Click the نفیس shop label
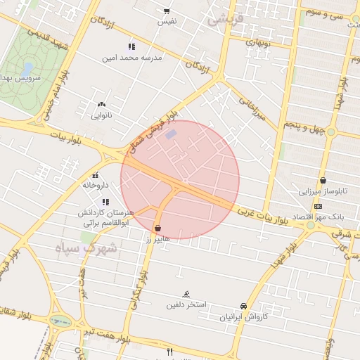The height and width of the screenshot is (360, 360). click(x=167, y=22)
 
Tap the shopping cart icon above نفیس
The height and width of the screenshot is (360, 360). click(x=167, y=11)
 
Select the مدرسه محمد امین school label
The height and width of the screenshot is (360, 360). click(x=132, y=58)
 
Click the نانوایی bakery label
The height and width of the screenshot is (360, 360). click(x=102, y=115)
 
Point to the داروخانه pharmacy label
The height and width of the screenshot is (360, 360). click(x=96, y=185)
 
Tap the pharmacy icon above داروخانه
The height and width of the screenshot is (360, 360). click(x=96, y=175)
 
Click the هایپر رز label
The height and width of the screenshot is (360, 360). click(x=157, y=239)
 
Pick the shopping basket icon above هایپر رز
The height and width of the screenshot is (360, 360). click(x=157, y=229)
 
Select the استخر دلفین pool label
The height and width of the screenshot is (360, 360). click(x=186, y=304)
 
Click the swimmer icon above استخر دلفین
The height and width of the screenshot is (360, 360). click(x=186, y=294)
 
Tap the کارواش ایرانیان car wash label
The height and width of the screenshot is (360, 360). click(x=243, y=317)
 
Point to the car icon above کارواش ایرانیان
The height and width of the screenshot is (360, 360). click(x=243, y=307)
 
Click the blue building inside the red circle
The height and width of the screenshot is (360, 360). click(x=171, y=134)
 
